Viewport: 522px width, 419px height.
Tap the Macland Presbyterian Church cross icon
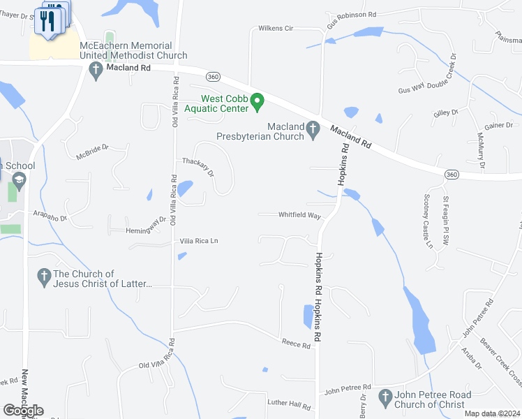(313, 128)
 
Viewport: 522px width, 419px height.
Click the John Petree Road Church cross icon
(385, 398)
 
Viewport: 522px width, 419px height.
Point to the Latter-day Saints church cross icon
(44, 277)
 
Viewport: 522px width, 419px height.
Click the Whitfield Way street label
(299, 216)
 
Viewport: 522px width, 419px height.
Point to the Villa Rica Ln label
(199, 241)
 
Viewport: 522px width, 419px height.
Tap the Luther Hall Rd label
(289, 404)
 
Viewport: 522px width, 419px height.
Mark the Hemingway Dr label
(146, 226)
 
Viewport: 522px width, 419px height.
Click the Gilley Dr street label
(445, 112)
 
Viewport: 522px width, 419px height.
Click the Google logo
(23, 411)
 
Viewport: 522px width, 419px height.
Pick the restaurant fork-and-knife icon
(47, 20)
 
